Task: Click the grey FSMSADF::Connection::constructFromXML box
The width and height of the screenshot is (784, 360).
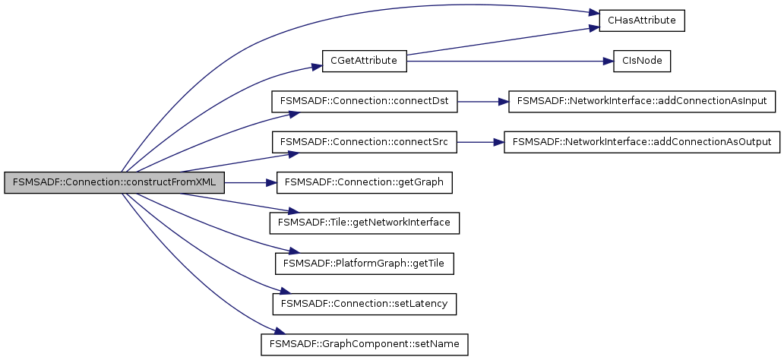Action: point(114,183)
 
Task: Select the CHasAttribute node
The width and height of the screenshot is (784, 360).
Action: point(642,21)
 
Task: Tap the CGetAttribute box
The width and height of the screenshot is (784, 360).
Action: point(365,61)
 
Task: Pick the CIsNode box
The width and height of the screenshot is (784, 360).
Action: point(642,61)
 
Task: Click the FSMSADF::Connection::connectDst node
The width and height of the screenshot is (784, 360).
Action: point(365,101)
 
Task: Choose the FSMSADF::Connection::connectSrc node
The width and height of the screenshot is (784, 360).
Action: point(365,142)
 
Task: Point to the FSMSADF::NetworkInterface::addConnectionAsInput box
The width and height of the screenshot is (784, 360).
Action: point(642,101)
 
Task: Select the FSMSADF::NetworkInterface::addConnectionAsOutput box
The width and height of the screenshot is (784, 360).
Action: point(642,142)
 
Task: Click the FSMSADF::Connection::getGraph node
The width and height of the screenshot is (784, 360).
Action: point(365,183)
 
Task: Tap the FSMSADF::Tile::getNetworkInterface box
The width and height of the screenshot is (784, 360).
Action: point(365,223)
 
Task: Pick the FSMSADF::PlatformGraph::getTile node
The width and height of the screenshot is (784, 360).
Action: point(365,264)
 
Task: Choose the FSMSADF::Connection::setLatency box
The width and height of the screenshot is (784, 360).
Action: point(365,304)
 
